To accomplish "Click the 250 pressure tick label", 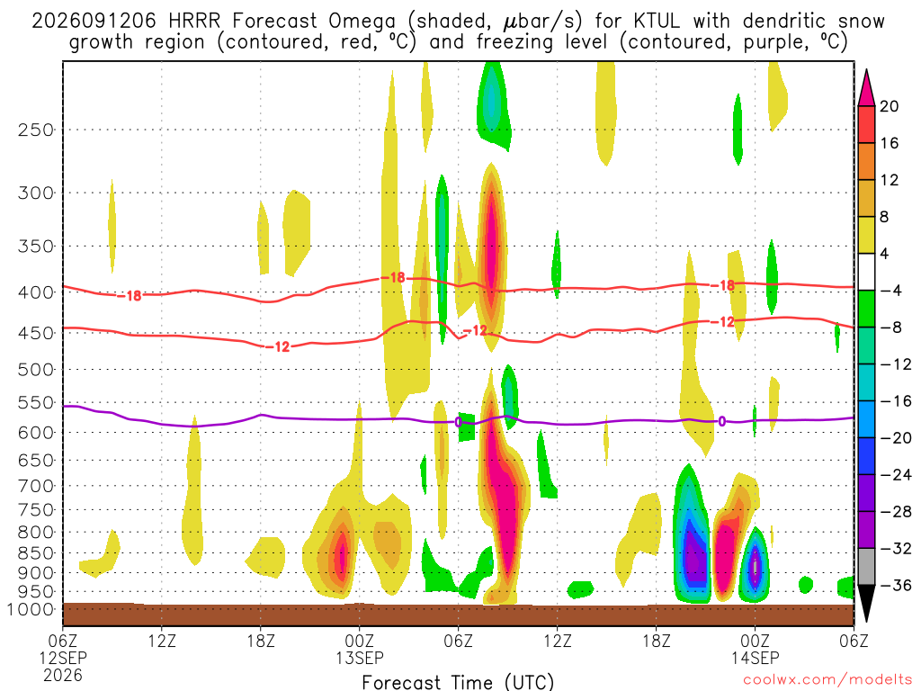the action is [36, 130].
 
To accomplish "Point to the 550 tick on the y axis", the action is [36, 402].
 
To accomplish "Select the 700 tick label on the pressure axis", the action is [36, 486].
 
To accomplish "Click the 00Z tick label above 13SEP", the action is [360, 641].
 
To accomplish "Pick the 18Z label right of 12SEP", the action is [261, 641].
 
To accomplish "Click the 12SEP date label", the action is [63, 658].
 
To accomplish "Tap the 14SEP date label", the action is [755, 658].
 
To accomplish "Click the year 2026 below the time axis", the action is [63, 675].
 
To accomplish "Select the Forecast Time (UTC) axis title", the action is [458, 682].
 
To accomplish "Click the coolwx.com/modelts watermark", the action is [827, 680].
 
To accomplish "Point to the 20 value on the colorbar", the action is [889, 106].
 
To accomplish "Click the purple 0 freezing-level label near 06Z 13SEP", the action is [458, 422].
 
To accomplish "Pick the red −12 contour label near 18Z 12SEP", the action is [278, 346].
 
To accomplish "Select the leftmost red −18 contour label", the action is [130, 295].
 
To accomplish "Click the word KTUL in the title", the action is [657, 22].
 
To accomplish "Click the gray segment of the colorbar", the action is [866, 567].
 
